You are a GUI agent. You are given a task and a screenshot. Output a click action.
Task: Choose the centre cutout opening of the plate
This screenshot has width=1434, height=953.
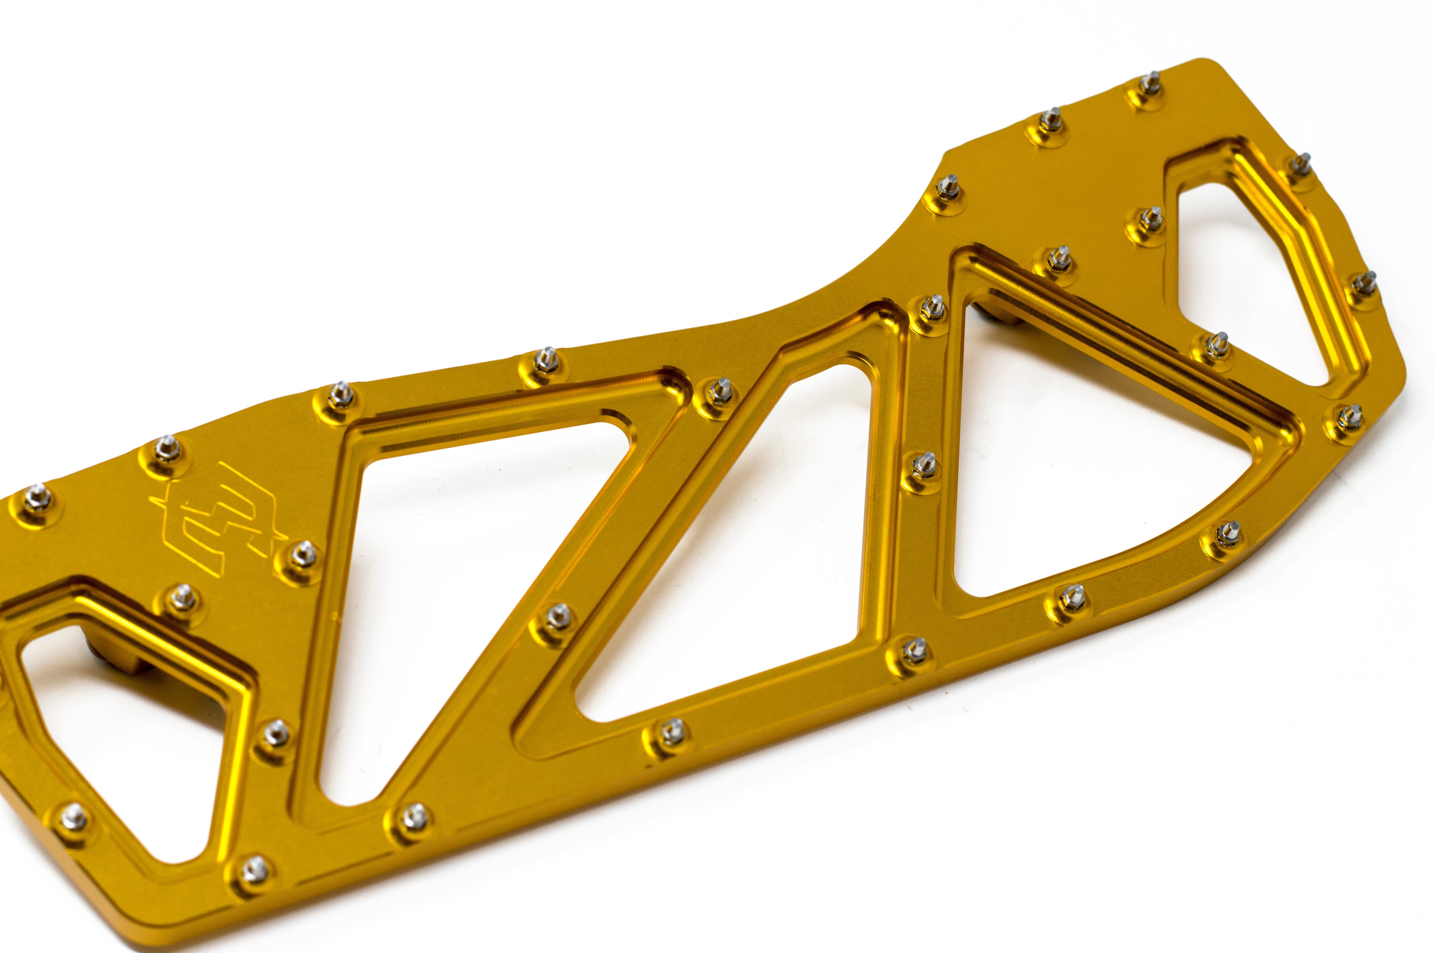723,547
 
